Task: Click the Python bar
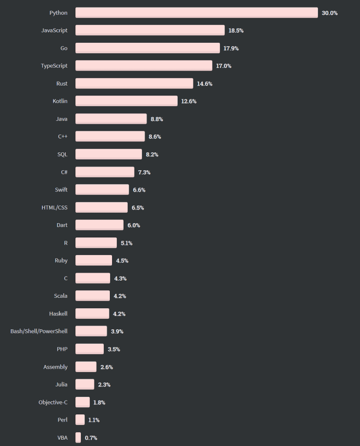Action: pyautogui.click(x=197, y=13)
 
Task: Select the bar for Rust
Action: pyautogui.click(x=134, y=83)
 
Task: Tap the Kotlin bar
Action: pyautogui.click(x=126, y=101)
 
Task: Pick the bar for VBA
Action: pyautogui.click(x=78, y=437)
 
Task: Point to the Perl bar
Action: pyautogui.click(x=80, y=420)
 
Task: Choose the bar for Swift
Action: pyautogui.click(x=102, y=190)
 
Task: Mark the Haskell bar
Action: pyautogui.click(x=92, y=314)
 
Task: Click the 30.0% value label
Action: pyautogui.click(x=329, y=13)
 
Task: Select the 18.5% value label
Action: pyautogui.click(x=236, y=31)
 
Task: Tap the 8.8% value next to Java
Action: pyautogui.click(x=157, y=119)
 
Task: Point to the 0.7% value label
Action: pyautogui.click(x=91, y=438)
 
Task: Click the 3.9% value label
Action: pyautogui.click(x=117, y=332)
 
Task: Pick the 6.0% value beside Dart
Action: pyautogui.click(x=134, y=225)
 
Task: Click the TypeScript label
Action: pyautogui.click(x=54, y=66)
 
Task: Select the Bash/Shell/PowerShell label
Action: pyautogui.click(x=39, y=331)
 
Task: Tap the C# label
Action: pyautogui.click(x=64, y=172)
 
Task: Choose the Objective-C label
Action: pyautogui.click(x=53, y=402)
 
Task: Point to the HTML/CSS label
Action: pyautogui.click(x=54, y=208)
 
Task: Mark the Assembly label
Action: pyautogui.click(x=55, y=367)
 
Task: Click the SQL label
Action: pyautogui.click(x=62, y=154)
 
